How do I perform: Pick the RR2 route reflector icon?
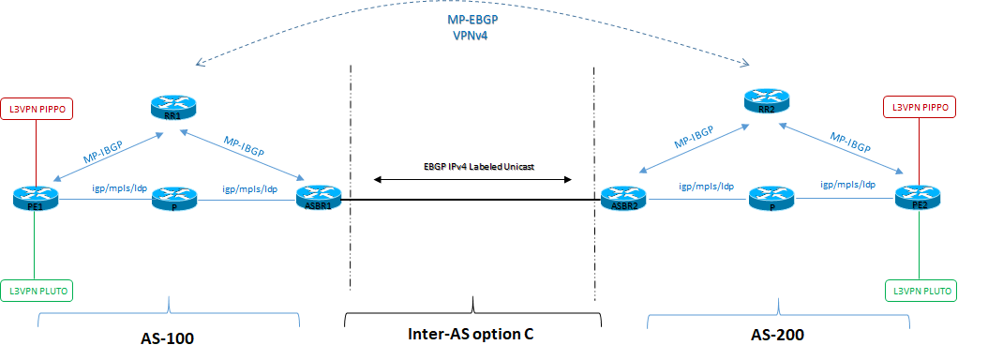point(767,99)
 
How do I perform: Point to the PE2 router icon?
point(918,198)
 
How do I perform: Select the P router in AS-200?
point(772,198)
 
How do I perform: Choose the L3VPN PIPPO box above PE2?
point(920,109)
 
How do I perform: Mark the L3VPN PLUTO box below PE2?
point(920,291)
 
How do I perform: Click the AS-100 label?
point(169,334)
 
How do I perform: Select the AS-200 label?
point(778,334)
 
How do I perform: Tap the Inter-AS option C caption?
point(472,334)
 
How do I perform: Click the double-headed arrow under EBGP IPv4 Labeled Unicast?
point(472,178)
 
